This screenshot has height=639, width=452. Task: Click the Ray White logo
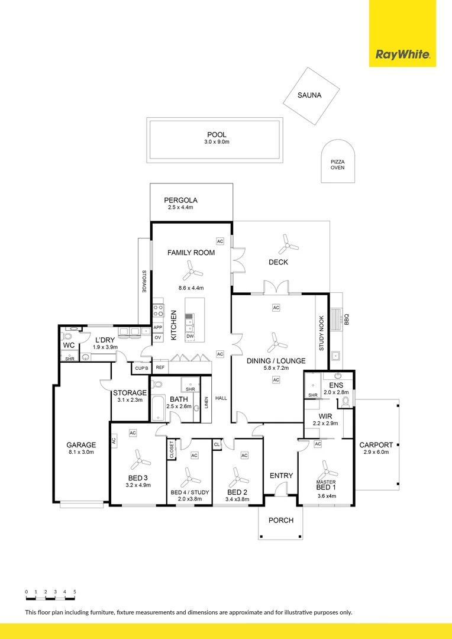pyautogui.click(x=402, y=54)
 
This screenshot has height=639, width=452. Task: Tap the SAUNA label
pyautogui.click(x=309, y=95)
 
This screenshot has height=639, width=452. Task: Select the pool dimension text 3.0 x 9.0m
pyautogui.click(x=216, y=142)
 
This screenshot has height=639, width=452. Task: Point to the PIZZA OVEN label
pyautogui.click(x=337, y=164)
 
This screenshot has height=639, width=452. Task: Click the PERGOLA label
pyautogui.click(x=180, y=200)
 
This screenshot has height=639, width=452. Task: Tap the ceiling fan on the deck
pyautogui.click(x=288, y=246)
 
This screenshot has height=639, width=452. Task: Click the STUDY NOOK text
pyautogui.click(x=321, y=333)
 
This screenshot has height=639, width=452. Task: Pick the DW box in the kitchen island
pyautogui.click(x=189, y=336)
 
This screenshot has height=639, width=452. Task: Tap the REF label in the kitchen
pyautogui.click(x=160, y=367)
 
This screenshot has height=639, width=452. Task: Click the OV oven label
pyautogui.click(x=157, y=337)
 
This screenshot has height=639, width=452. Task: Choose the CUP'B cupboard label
pyautogui.click(x=141, y=367)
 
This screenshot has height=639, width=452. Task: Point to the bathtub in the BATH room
pyautogui.click(x=157, y=408)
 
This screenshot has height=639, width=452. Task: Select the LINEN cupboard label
pyautogui.click(x=206, y=404)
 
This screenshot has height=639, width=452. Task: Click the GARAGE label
pyautogui.click(x=81, y=445)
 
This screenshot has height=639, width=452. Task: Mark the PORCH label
pyautogui.click(x=281, y=521)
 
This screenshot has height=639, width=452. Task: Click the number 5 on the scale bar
pyautogui.click(x=75, y=591)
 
